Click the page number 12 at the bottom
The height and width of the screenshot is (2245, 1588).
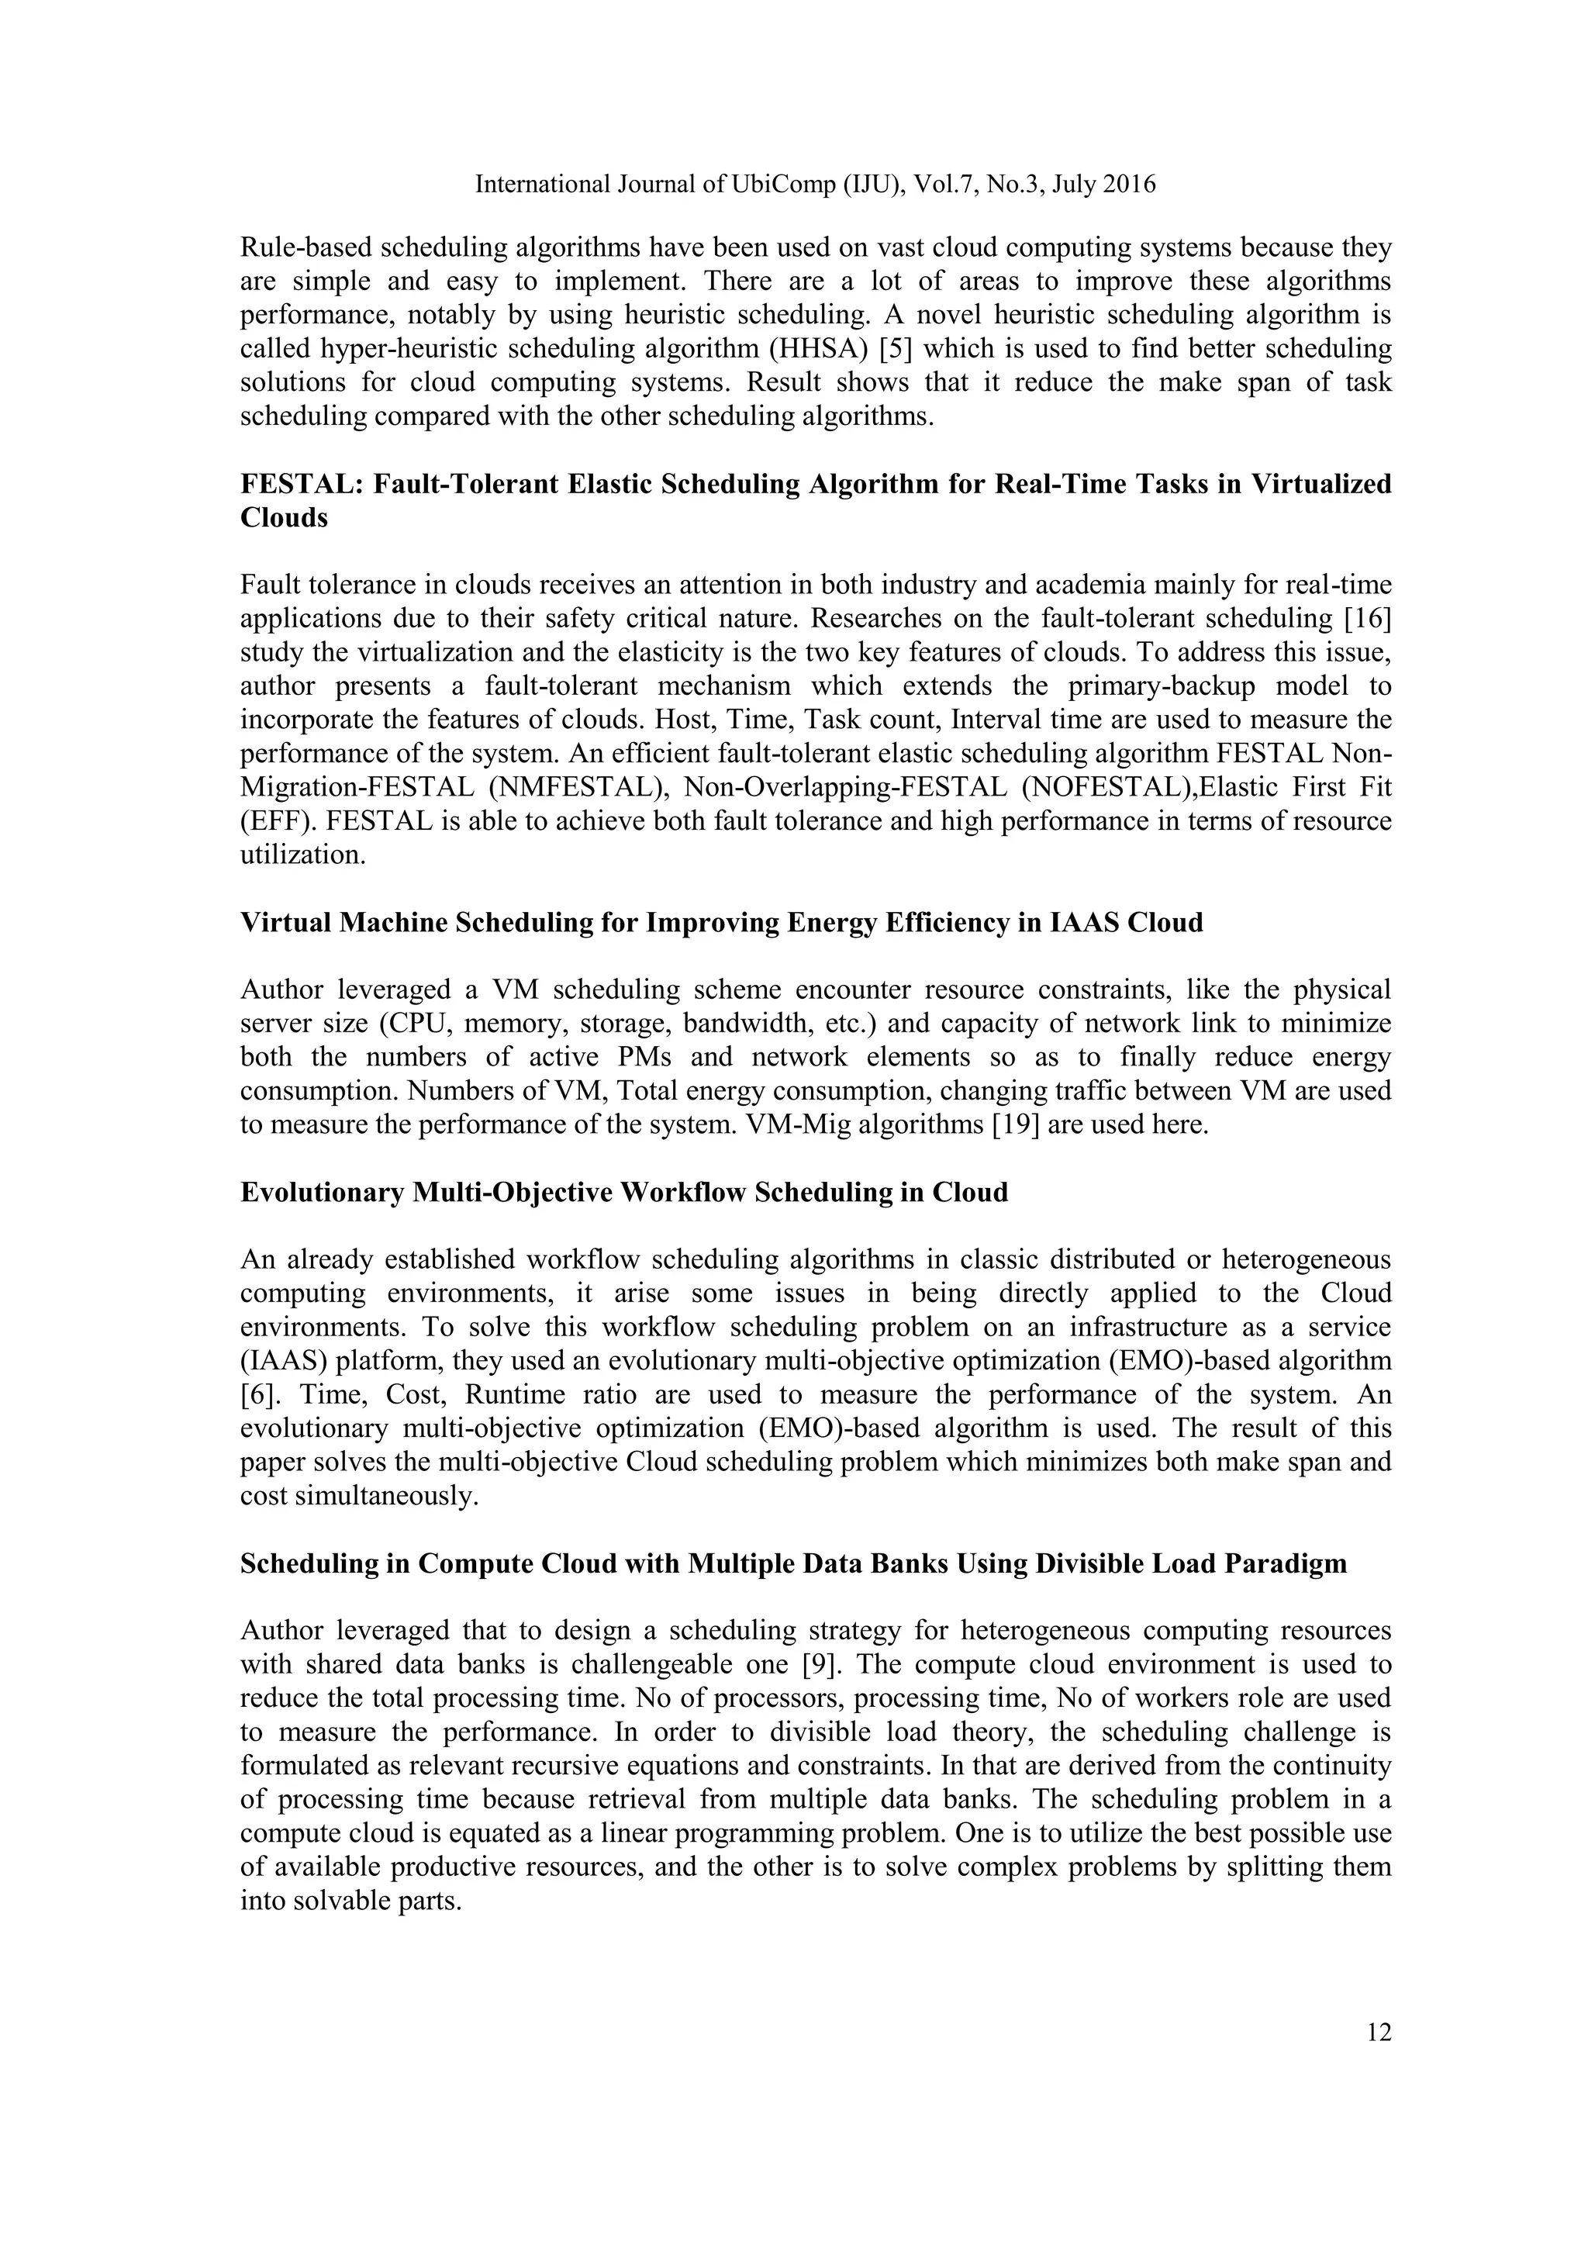pos(1379,2033)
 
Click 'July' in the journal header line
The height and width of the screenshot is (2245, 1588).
pos(1075,184)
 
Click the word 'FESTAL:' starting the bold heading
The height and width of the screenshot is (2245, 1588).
pos(301,484)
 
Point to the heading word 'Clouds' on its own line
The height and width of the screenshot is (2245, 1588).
pos(284,518)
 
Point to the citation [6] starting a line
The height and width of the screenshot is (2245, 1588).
pos(257,1395)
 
